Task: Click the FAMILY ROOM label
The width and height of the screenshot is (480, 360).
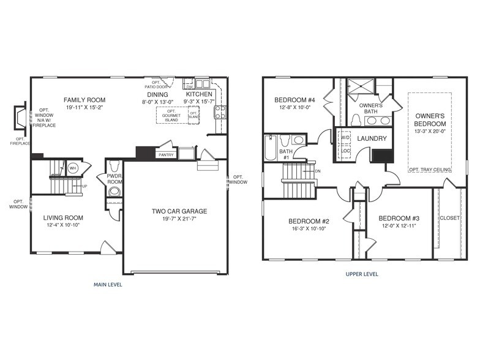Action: [x=85, y=100]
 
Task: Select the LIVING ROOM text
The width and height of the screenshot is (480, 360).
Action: [x=63, y=217]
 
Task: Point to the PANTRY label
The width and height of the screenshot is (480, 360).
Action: [x=166, y=155]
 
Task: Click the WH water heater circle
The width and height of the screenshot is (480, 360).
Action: [x=72, y=167]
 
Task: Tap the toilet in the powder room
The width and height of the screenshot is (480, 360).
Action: [x=114, y=191]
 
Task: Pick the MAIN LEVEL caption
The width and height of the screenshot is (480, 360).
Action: [x=108, y=285]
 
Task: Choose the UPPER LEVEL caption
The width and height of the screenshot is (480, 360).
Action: [x=362, y=274]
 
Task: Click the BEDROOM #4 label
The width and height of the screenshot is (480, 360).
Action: [x=294, y=100]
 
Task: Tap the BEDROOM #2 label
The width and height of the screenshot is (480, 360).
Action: [x=309, y=221]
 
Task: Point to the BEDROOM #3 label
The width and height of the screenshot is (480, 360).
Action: [x=399, y=219]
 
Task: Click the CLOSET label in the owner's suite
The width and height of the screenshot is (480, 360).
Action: [x=449, y=218]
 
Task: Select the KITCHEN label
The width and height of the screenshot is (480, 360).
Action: [x=200, y=94]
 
